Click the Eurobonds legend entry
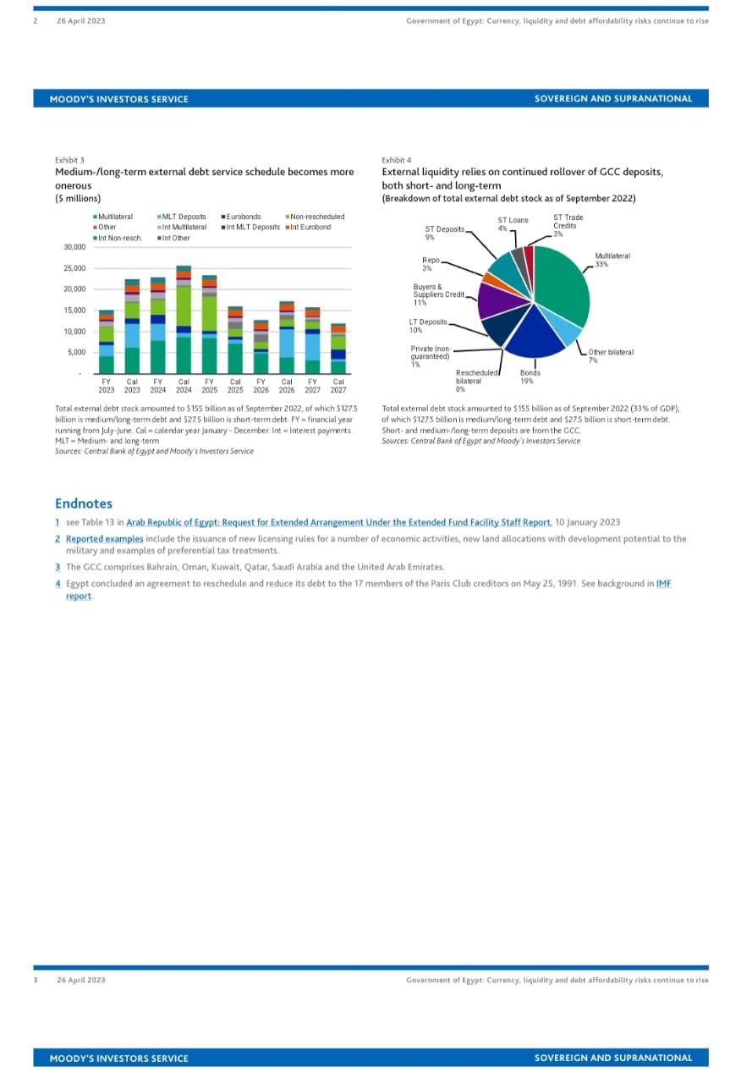tap(243, 217)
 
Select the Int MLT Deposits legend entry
tap(253, 227)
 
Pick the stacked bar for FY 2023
tap(107, 342)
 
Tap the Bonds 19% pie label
tap(530, 377)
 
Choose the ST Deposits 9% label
tap(444, 233)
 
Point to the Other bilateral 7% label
tap(611, 356)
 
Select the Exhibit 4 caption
tap(397, 160)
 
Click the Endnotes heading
tap(84, 503)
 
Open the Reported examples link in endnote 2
tap(105, 538)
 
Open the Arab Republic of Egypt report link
tap(338, 522)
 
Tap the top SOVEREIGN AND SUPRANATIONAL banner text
tap(613, 99)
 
